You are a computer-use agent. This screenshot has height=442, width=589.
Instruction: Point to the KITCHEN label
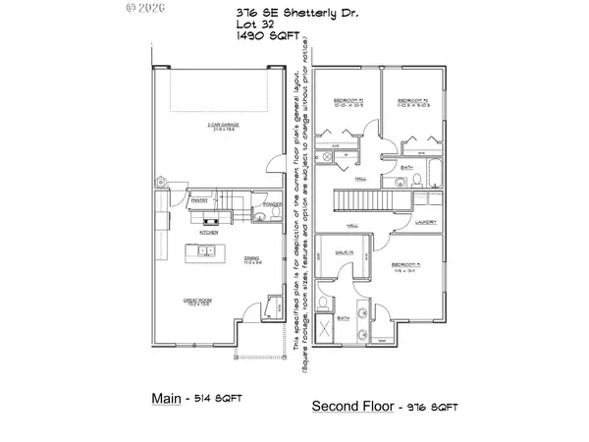click(x=208, y=233)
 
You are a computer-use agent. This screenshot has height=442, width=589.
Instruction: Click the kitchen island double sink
click(x=208, y=252)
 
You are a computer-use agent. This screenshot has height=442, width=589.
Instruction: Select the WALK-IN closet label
click(x=345, y=252)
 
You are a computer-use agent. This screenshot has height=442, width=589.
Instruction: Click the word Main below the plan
click(x=165, y=399)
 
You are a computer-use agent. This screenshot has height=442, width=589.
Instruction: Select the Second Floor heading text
click(x=352, y=405)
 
